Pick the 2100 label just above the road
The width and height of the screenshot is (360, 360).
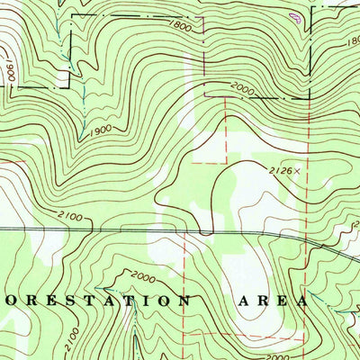coord(68,217)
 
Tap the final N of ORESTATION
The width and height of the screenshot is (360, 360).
coord(184,299)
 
